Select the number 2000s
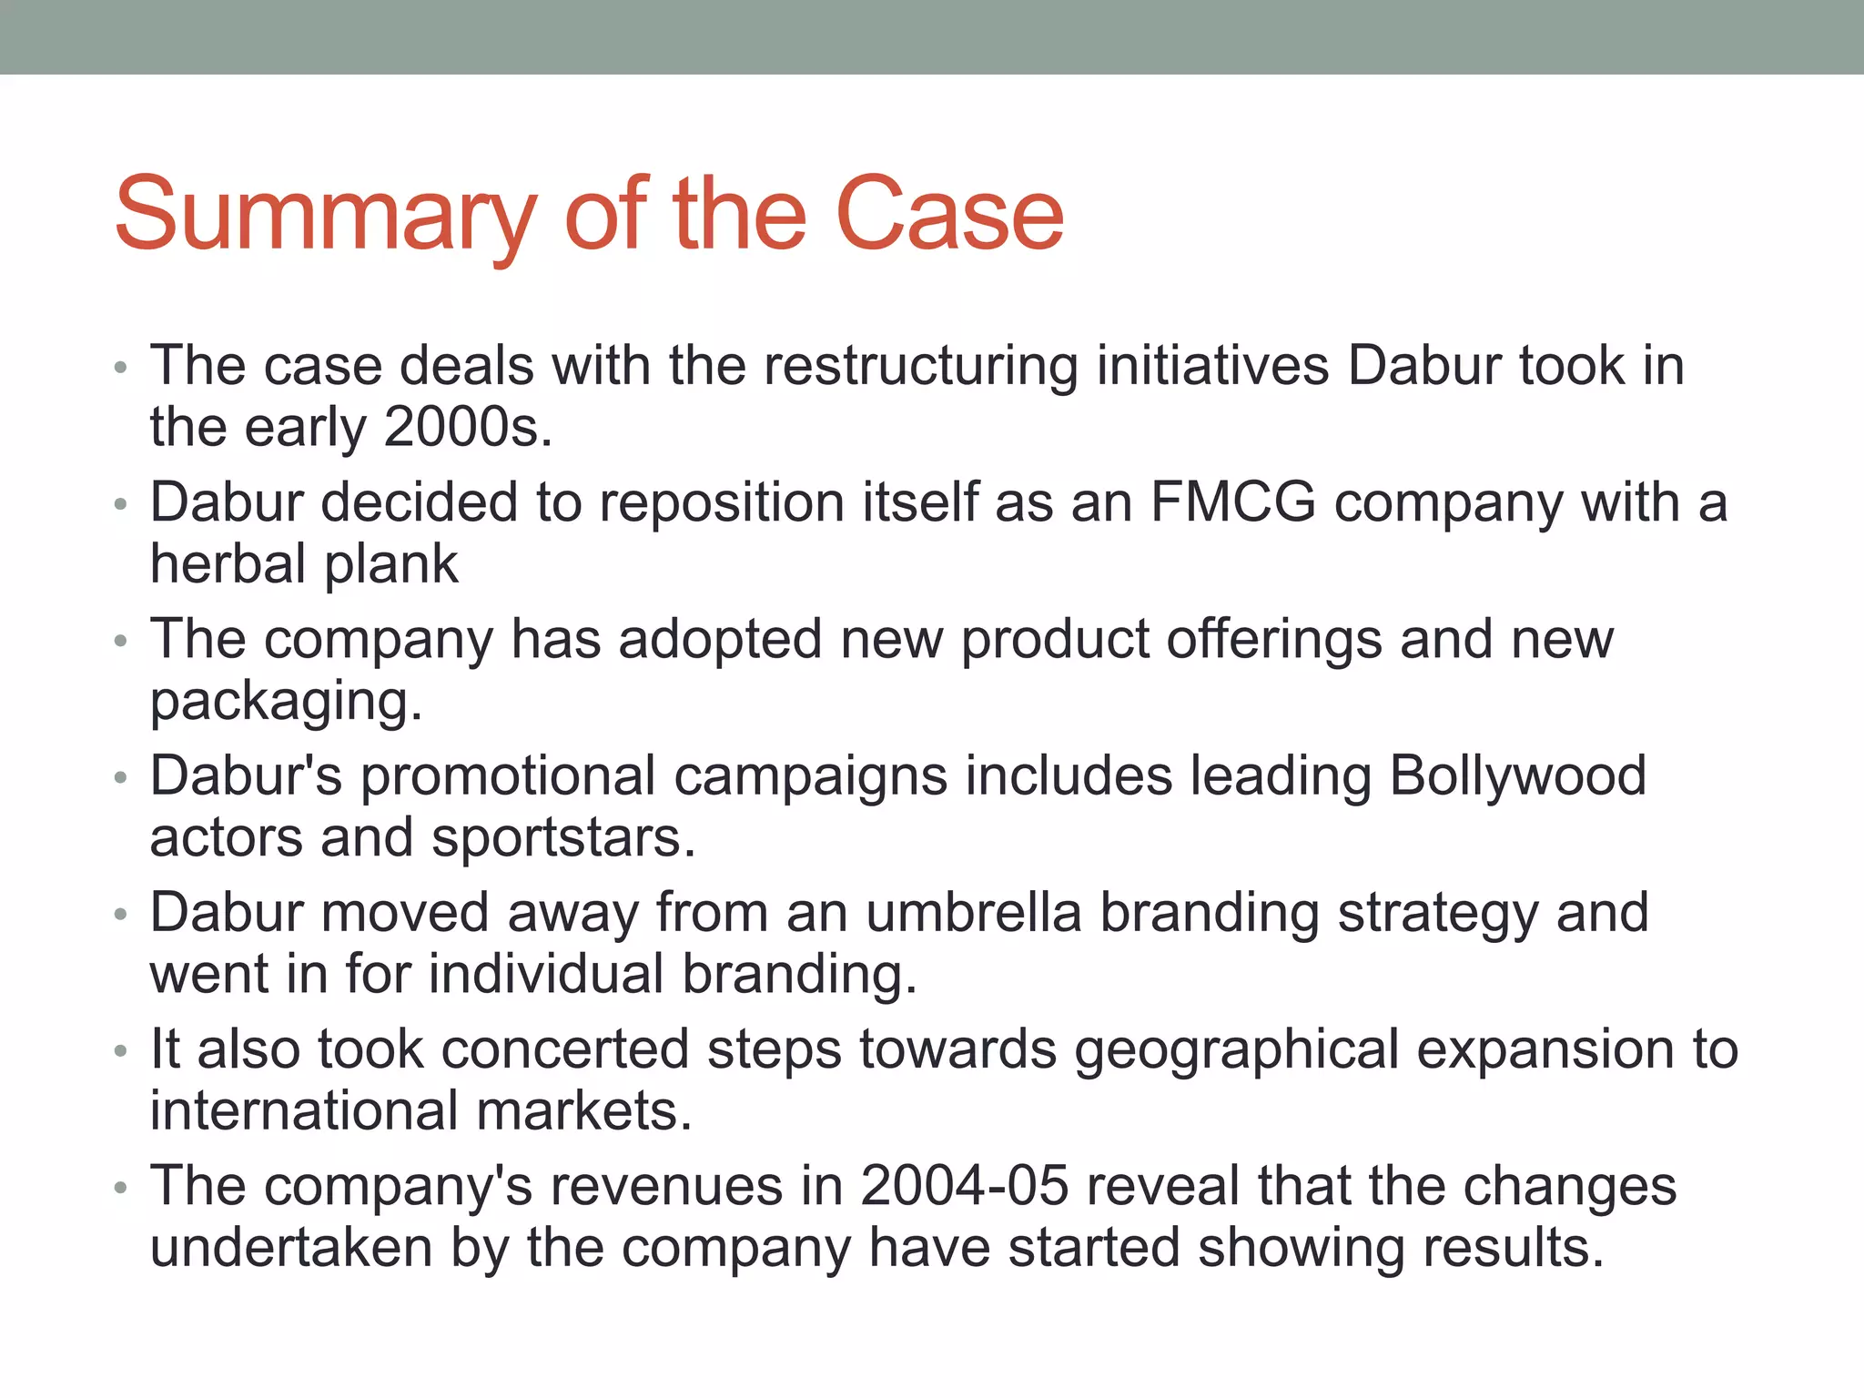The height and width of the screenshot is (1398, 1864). coord(467,427)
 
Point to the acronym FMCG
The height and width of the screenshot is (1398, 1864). coord(1232,502)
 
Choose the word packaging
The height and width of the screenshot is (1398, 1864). coord(286,703)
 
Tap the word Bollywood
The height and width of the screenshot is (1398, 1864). coord(1517,776)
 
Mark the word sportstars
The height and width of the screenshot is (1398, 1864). coord(562,837)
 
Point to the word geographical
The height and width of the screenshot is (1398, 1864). coord(1237,1051)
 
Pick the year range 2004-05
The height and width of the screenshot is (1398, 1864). coord(964,1187)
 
